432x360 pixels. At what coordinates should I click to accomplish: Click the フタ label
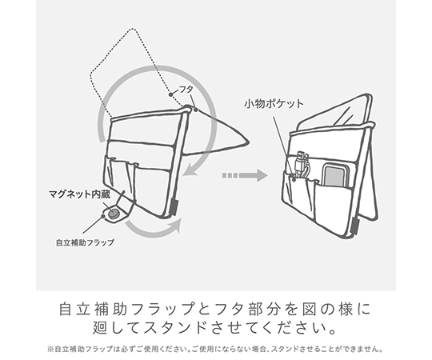click(x=186, y=90)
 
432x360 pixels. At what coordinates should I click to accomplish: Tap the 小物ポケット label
click(x=274, y=104)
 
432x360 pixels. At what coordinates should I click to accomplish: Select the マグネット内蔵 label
click(x=80, y=194)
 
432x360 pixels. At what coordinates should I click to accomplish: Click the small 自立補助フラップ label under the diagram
click(x=85, y=242)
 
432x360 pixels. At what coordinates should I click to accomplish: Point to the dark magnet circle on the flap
click(x=113, y=214)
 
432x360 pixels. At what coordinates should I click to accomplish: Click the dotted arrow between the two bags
click(x=245, y=175)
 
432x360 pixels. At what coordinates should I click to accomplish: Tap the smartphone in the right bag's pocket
click(x=334, y=176)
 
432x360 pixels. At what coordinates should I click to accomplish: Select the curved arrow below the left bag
click(x=153, y=226)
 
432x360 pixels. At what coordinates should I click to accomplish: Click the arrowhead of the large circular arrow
click(x=190, y=170)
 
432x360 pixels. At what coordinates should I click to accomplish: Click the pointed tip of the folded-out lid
click(x=249, y=142)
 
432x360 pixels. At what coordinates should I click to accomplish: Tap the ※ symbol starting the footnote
click(x=50, y=350)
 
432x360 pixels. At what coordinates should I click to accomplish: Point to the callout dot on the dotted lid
click(x=171, y=94)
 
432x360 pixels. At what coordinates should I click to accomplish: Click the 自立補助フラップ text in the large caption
click(x=126, y=310)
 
